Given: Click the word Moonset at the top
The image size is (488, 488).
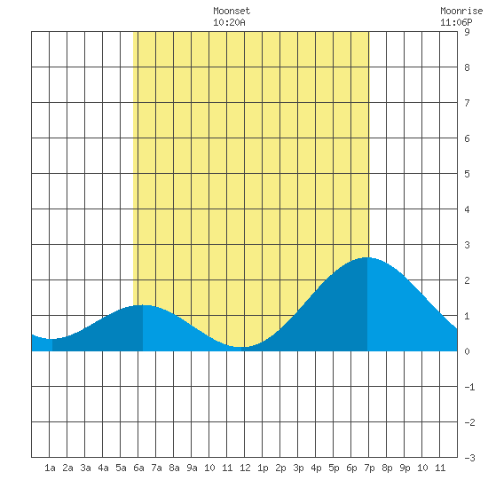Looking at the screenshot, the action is click(x=232, y=11).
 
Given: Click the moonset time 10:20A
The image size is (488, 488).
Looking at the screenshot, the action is click(x=229, y=22).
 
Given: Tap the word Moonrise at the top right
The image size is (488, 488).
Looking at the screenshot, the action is click(x=461, y=11).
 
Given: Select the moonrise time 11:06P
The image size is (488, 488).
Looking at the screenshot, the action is click(x=456, y=22).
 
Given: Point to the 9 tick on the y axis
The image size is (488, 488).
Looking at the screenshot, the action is click(x=467, y=32).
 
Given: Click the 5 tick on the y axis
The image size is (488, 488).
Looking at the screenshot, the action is click(x=467, y=174).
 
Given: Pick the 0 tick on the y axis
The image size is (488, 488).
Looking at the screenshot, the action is click(x=467, y=351).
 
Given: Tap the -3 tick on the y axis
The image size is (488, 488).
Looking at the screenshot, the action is click(x=469, y=458).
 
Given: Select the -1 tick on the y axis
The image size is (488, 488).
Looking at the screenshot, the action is click(x=469, y=387).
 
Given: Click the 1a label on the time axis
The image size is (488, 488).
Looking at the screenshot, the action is click(x=50, y=468).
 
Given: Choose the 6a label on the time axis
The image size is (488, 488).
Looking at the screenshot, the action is click(x=138, y=468).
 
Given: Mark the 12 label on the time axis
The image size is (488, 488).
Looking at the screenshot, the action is click(x=245, y=468).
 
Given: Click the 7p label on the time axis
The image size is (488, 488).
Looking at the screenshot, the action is click(x=369, y=468).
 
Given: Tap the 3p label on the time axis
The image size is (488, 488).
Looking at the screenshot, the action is click(x=298, y=468).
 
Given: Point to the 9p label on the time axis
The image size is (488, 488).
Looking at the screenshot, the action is click(x=405, y=468).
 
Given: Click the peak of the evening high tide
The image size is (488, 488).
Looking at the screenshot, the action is click(x=367, y=257).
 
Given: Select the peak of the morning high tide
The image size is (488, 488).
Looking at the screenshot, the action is click(x=143, y=305).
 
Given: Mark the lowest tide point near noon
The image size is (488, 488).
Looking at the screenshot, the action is click(x=241, y=347).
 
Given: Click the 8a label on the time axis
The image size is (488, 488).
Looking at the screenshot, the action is click(x=174, y=468).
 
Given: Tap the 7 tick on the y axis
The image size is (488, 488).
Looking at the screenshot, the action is click(x=467, y=103).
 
